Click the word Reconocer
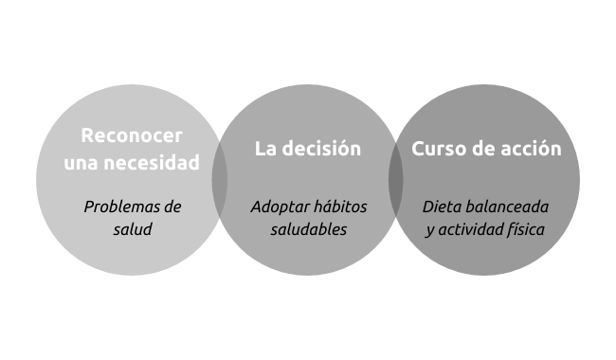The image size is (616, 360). point(132,135)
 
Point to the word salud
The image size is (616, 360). point(133,229)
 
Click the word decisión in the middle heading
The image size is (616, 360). point(321,149)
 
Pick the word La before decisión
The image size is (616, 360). point(265,149)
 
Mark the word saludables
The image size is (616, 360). point(309,229)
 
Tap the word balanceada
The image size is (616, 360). point(507,207)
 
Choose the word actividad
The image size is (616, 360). point(470,229)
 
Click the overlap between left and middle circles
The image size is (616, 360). point(220,180)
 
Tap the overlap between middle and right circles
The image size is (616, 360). point(396,180)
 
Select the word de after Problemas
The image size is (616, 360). point(172,207)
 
